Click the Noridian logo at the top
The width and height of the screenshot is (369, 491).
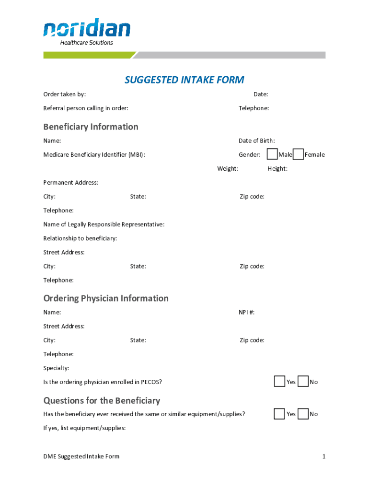pyautogui.click(x=87, y=32)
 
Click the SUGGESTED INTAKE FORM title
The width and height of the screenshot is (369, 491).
pyautogui.click(x=184, y=80)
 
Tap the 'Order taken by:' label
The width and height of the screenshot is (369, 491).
pyautogui.click(x=65, y=94)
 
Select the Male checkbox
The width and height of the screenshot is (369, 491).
pyautogui.click(x=272, y=154)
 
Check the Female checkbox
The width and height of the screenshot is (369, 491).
pyautogui.click(x=298, y=154)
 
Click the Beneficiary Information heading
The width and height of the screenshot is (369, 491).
pyautogui.click(x=91, y=127)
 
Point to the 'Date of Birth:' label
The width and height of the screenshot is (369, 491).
pyautogui.click(x=257, y=140)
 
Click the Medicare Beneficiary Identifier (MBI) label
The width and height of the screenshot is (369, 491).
pyautogui.click(x=94, y=154)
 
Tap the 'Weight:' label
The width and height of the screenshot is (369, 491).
pyautogui.click(x=228, y=168)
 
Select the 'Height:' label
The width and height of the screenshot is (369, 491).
pyautogui.click(x=277, y=168)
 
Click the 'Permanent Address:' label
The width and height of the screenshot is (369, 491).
pyautogui.click(x=70, y=182)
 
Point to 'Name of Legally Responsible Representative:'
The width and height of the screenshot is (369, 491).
pyautogui.click(x=104, y=224)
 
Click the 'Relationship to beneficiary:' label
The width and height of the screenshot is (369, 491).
pyautogui.click(x=80, y=238)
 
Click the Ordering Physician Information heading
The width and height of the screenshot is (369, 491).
pyautogui.click(x=106, y=298)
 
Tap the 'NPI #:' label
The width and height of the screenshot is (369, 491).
pyautogui.click(x=247, y=312)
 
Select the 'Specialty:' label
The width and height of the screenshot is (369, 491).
pyautogui.click(x=56, y=368)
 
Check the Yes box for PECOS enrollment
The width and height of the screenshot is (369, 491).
pyautogui.click(x=279, y=382)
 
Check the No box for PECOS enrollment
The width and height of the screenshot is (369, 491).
pyautogui.click(x=303, y=382)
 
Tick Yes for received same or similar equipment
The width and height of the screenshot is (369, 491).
pyautogui.click(x=279, y=414)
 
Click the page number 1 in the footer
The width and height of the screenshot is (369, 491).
pyautogui.click(x=324, y=456)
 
